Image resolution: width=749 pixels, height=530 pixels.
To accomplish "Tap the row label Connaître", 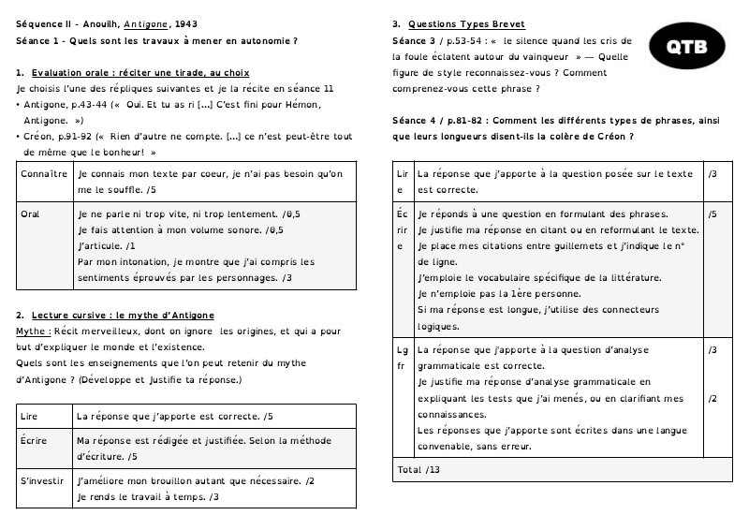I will point(43,174).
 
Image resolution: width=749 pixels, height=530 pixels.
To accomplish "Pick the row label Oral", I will point(30,213).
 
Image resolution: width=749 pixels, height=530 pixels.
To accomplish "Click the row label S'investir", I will point(42,480).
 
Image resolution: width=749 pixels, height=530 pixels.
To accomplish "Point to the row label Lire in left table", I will point(30,415).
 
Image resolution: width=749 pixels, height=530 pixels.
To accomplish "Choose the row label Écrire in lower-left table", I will point(34,439).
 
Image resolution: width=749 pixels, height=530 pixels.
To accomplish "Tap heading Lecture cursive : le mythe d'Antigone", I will point(123,316).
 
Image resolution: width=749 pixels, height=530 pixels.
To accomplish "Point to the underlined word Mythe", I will point(34,331).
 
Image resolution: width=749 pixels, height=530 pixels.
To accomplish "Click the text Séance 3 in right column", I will point(416,40).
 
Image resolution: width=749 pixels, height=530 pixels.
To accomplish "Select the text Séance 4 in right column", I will point(416,121).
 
